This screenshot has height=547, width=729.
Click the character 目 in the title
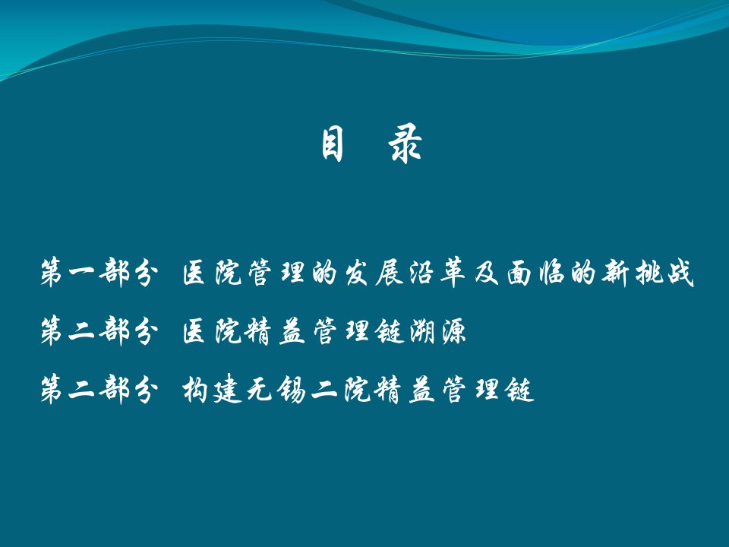coord(333,144)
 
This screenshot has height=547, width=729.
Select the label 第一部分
coord(99,272)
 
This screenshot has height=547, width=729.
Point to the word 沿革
coord(437,272)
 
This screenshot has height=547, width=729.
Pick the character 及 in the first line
coord(486,272)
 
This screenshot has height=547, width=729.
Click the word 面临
coord(535,272)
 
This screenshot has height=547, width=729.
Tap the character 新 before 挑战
coord(614,272)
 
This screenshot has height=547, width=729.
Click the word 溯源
coord(438,330)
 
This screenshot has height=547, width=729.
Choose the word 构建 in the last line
coord(212,390)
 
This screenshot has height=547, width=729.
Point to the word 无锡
coord(276,390)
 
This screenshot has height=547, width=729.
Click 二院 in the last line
coord(342,390)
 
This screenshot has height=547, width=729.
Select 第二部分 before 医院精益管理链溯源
coord(99,330)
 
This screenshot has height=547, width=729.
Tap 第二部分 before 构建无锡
coord(99,389)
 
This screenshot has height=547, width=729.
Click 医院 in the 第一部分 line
coord(212,272)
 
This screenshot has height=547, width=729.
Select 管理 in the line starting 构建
coord(469,390)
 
